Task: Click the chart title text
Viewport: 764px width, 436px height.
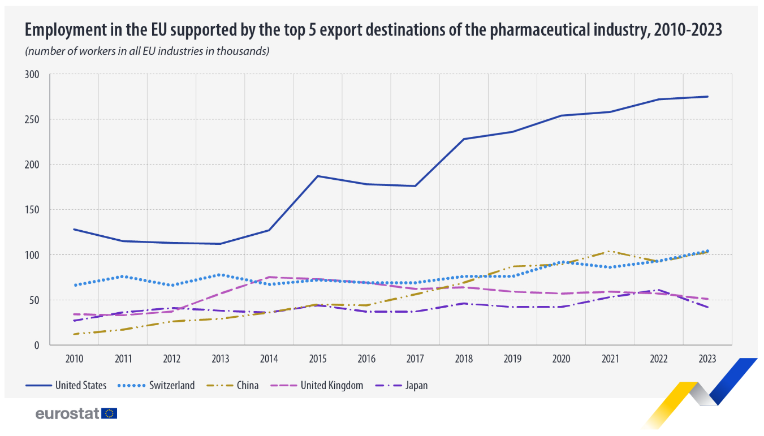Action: [x=373, y=30]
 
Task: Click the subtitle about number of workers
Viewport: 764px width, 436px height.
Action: [x=146, y=51]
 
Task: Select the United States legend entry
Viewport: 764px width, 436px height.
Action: [x=80, y=386]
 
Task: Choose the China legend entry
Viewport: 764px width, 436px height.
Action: [x=248, y=386]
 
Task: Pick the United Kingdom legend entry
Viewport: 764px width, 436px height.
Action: [x=331, y=386]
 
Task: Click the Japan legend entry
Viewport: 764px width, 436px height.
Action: [x=416, y=386]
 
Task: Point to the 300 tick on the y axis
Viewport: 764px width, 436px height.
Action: [x=32, y=75]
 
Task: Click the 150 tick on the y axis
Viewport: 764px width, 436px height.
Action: [x=32, y=210]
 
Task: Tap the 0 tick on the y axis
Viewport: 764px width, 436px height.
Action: [x=37, y=345]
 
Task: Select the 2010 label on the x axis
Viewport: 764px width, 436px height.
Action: [x=74, y=359]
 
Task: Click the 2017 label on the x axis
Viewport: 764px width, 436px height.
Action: [x=415, y=359]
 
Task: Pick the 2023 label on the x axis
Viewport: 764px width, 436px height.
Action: [x=707, y=359]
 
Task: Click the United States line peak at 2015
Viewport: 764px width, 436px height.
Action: [x=318, y=176]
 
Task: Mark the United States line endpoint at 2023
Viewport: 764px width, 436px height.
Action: [x=707, y=97]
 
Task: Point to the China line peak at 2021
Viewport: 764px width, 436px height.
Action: [x=610, y=251]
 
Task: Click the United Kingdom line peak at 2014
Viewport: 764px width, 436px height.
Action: [x=269, y=277]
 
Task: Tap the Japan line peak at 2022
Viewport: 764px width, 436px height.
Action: [x=658, y=290]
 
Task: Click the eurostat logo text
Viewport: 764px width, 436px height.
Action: [x=67, y=413]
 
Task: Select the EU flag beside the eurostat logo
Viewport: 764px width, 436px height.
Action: [x=109, y=413]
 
